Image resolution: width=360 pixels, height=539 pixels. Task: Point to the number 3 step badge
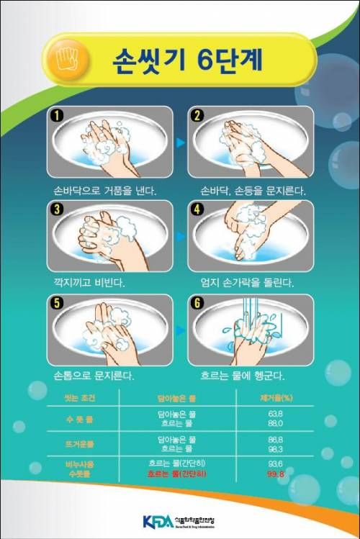[x=55, y=209]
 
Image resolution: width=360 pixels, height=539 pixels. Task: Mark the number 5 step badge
[x=55, y=302]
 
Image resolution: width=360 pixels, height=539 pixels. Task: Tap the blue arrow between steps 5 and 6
[x=181, y=330]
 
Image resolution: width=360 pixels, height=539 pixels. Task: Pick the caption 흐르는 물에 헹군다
[x=243, y=376]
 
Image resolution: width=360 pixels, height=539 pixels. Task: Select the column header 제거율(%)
[x=274, y=397]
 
